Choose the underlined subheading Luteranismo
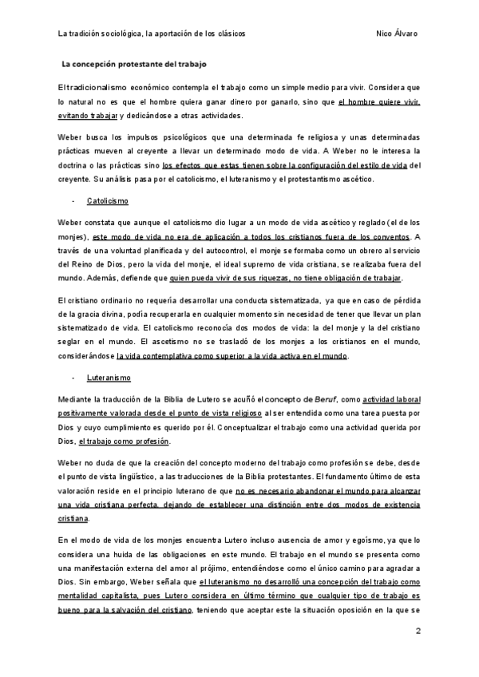[x=109, y=377]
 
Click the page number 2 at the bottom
[x=418, y=631]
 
